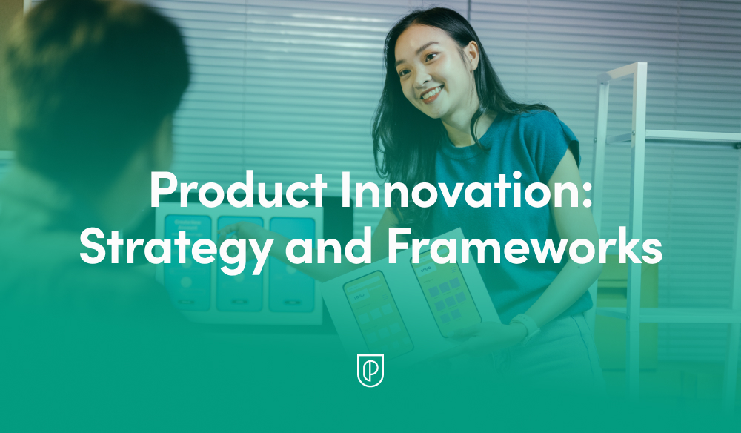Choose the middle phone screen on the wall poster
pyautogui.click(x=239, y=262)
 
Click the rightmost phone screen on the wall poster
pyautogui.click(x=291, y=262)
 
